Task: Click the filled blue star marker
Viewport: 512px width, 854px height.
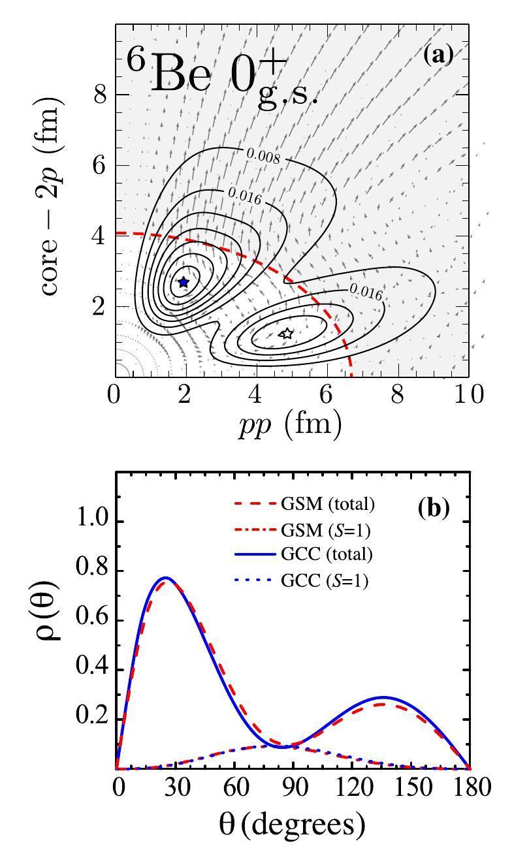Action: (184, 282)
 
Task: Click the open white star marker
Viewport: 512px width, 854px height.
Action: (285, 333)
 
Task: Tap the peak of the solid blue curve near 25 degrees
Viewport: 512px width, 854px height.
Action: (166, 578)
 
